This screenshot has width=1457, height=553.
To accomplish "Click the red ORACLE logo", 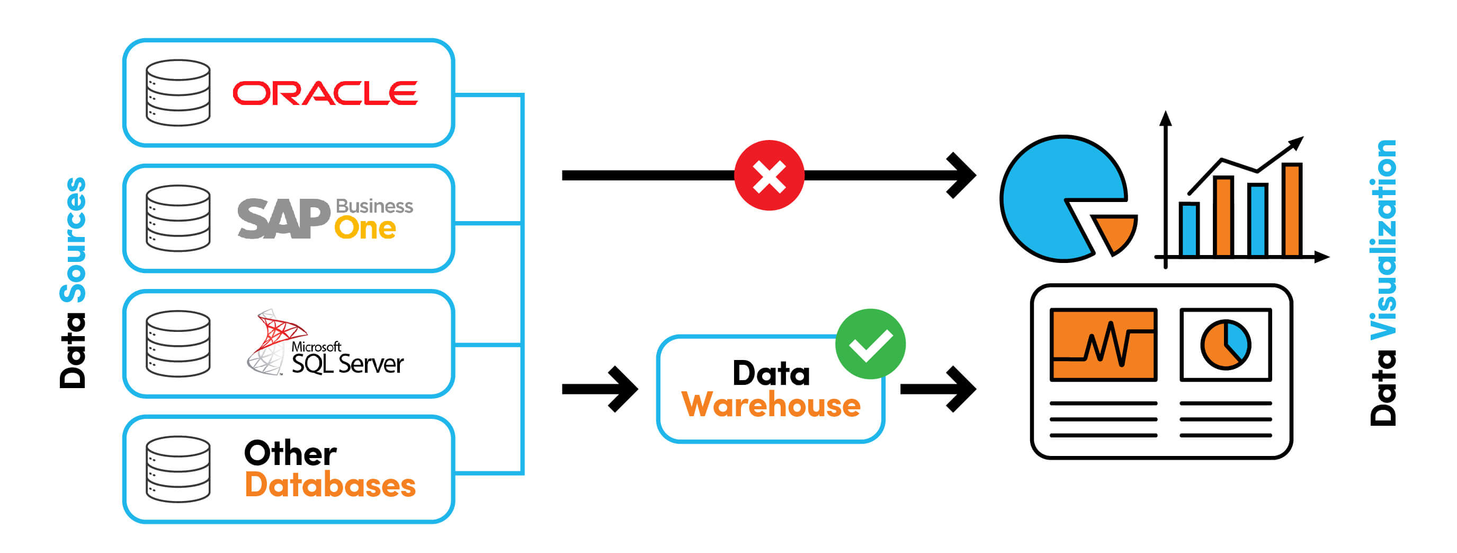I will click(325, 93).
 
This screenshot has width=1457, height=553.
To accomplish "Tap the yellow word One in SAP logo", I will click(365, 228).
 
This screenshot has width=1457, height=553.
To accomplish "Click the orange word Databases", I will click(330, 486).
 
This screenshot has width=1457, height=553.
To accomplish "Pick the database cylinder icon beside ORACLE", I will click(177, 93).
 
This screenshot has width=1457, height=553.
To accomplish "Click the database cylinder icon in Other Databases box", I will click(177, 469).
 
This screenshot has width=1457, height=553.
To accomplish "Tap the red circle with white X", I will click(768, 175).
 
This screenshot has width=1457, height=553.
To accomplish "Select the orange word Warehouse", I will click(771, 405).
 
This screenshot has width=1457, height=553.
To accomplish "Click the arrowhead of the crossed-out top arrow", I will click(961, 175).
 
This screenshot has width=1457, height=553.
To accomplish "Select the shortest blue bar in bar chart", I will click(1188, 230).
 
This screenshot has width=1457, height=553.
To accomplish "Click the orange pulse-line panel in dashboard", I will click(1103, 345).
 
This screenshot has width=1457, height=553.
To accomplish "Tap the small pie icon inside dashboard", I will click(1225, 345).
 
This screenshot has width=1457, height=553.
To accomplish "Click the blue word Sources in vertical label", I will click(73, 240).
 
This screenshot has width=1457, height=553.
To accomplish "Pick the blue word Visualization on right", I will click(1383, 240).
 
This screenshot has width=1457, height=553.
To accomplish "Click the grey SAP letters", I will click(283, 219).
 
